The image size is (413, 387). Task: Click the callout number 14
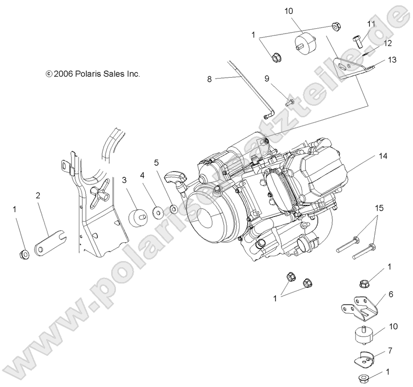(382, 156)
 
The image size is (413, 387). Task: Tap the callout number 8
(209, 80)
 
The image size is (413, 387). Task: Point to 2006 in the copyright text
(63, 74)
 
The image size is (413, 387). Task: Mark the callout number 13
(392, 60)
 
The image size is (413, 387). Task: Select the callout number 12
(388, 43)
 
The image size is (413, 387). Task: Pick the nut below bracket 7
(364, 377)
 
